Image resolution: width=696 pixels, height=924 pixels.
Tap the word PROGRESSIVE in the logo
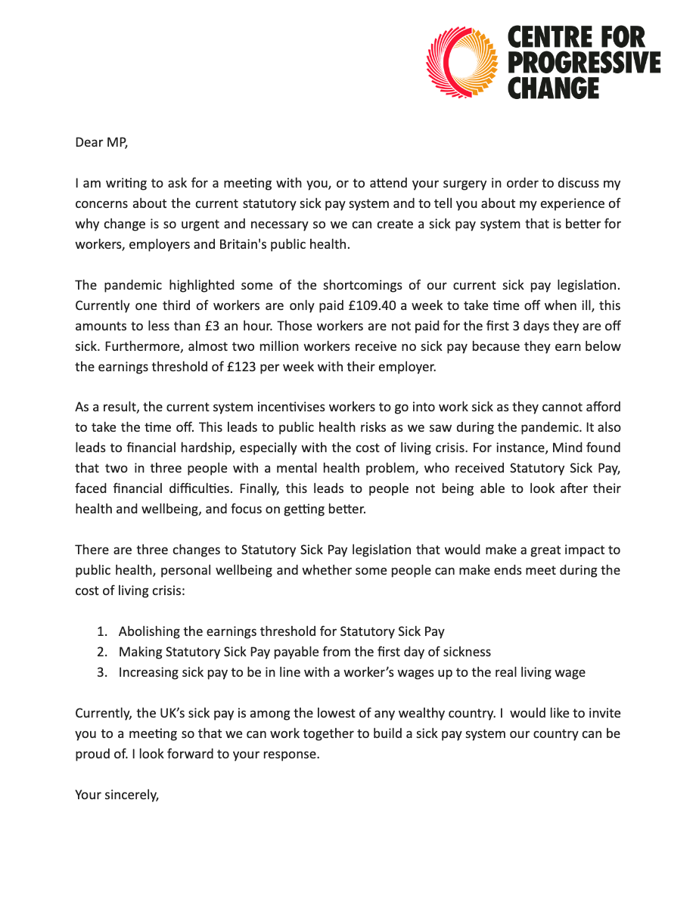tap(583, 63)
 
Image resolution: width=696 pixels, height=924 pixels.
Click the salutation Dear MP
tap(101, 142)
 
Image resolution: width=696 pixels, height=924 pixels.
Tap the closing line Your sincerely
tap(117, 795)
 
